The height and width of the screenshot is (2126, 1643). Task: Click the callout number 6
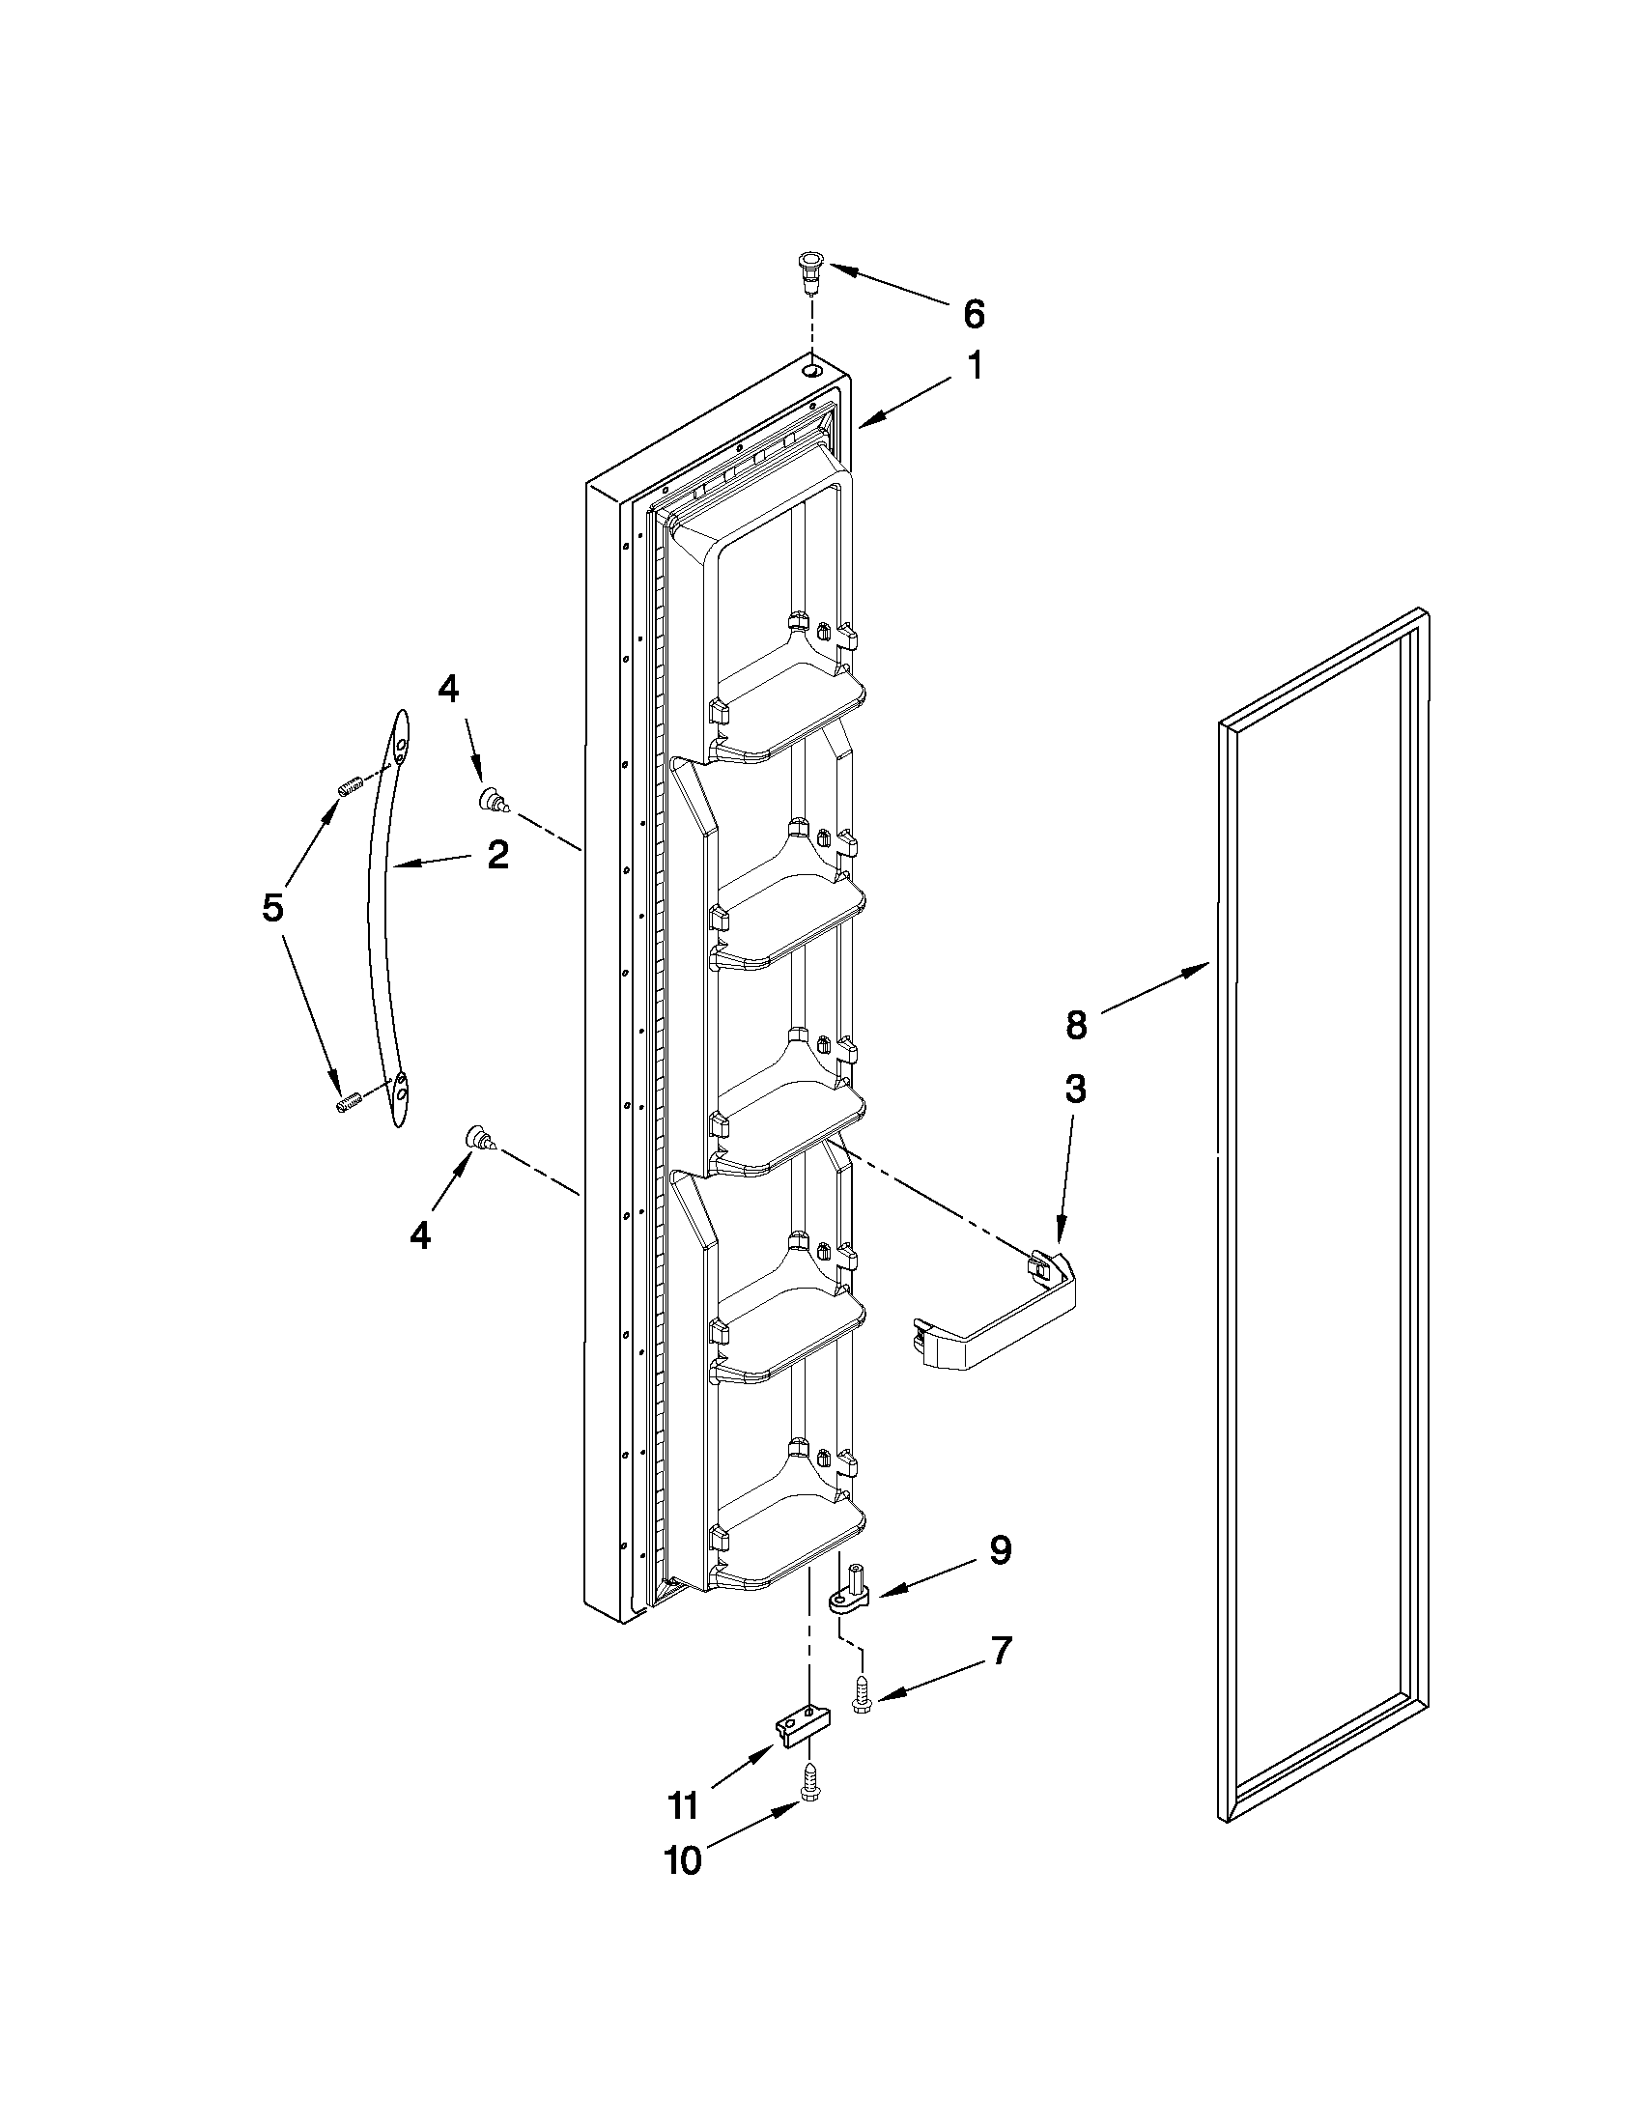pyautogui.click(x=974, y=314)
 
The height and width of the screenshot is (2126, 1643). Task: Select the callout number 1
pyautogui.click(x=974, y=367)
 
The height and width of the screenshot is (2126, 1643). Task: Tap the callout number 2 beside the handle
pyautogui.click(x=496, y=855)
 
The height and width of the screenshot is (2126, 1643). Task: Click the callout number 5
pyautogui.click(x=272, y=907)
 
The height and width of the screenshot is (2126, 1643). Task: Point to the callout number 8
pyautogui.click(x=1076, y=1025)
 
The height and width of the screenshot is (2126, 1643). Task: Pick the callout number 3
pyautogui.click(x=1075, y=1090)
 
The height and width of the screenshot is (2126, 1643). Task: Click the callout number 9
pyautogui.click(x=1000, y=1550)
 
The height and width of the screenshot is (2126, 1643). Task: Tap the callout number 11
pyautogui.click(x=682, y=1806)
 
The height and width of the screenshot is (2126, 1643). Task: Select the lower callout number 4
pyautogui.click(x=419, y=1235)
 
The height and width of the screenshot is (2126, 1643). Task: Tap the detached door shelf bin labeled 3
pyautogui.click(x=1003, y=1324)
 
